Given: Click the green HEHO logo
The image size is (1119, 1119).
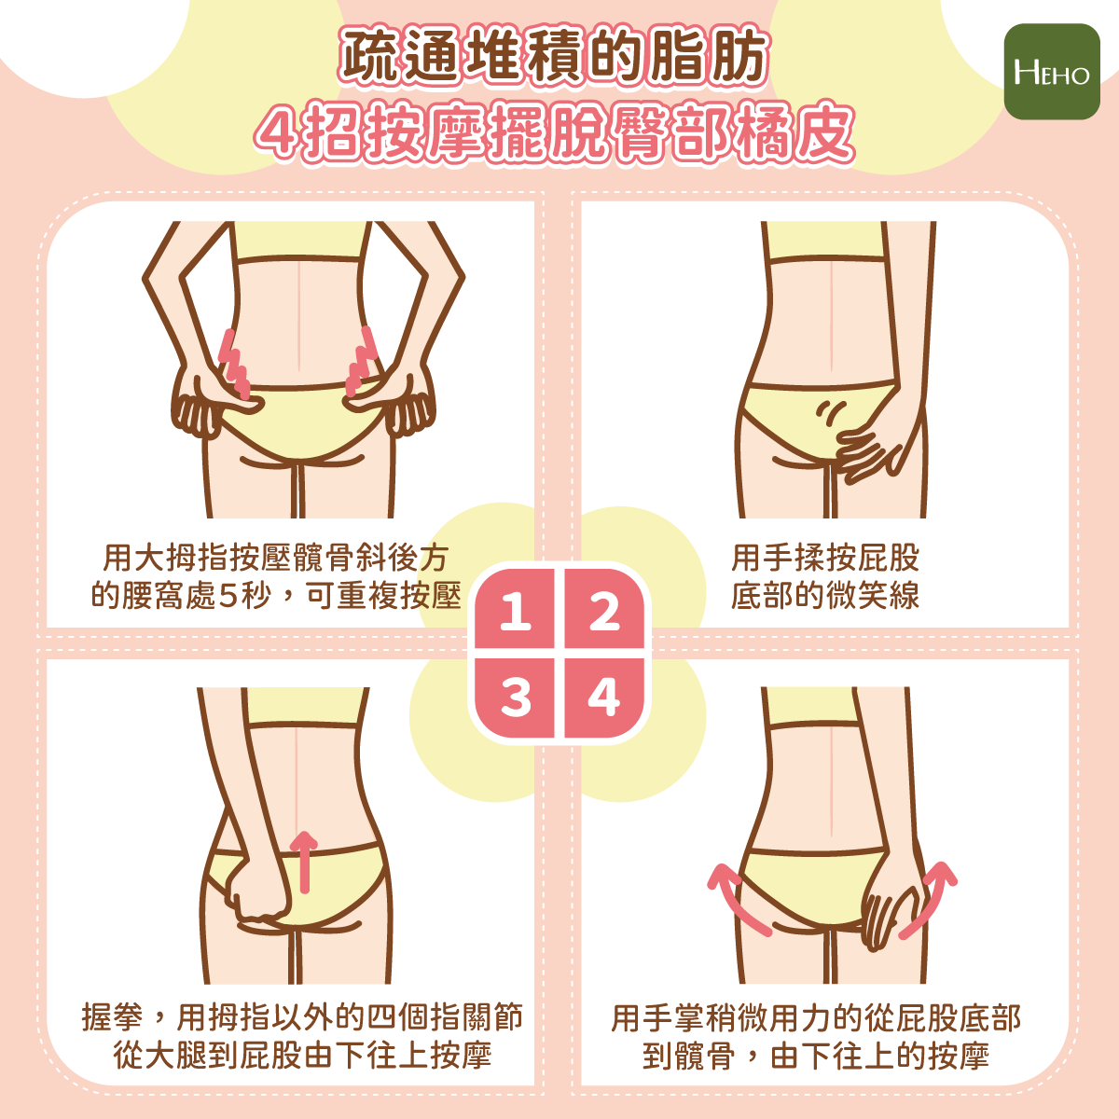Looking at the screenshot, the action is [1052, 72].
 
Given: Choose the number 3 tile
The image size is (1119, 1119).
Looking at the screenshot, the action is [515, 698].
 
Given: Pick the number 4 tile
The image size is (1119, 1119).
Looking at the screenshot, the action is [604, 698].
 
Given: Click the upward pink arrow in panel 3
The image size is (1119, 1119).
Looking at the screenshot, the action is [304, 862].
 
